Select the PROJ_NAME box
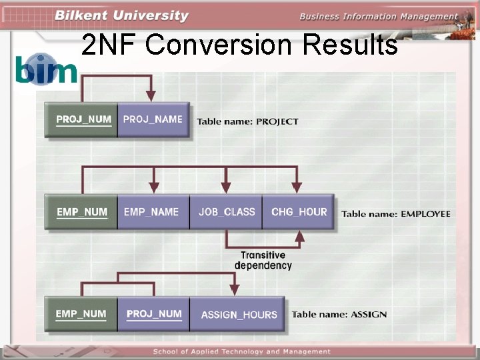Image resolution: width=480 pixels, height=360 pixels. (153, 120)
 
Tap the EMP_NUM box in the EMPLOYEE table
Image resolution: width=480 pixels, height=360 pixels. (81, 212)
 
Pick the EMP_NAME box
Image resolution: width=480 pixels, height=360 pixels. (153, 212)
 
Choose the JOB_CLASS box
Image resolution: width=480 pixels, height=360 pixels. (226, 212)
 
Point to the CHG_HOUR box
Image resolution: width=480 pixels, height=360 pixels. (299, 212)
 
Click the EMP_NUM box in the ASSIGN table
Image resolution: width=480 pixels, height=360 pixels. (81, 314)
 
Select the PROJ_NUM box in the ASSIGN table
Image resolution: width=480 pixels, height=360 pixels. (153, 314)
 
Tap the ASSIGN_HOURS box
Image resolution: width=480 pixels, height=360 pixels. (238, 315)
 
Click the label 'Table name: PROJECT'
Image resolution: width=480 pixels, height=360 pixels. (247, 122)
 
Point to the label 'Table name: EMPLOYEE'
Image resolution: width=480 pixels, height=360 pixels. (396, 214)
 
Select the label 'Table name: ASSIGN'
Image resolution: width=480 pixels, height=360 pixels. (339, 314)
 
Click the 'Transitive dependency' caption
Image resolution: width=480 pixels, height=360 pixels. (263, 260)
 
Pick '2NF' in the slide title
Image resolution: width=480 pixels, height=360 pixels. (110, 45)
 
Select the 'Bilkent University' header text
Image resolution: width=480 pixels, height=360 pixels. (121, 15)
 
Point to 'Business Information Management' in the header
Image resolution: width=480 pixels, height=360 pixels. (378, 17)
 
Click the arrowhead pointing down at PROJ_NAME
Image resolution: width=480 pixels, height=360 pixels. (152, 96)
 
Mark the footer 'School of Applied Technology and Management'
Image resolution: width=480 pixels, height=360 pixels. (241, 351)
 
